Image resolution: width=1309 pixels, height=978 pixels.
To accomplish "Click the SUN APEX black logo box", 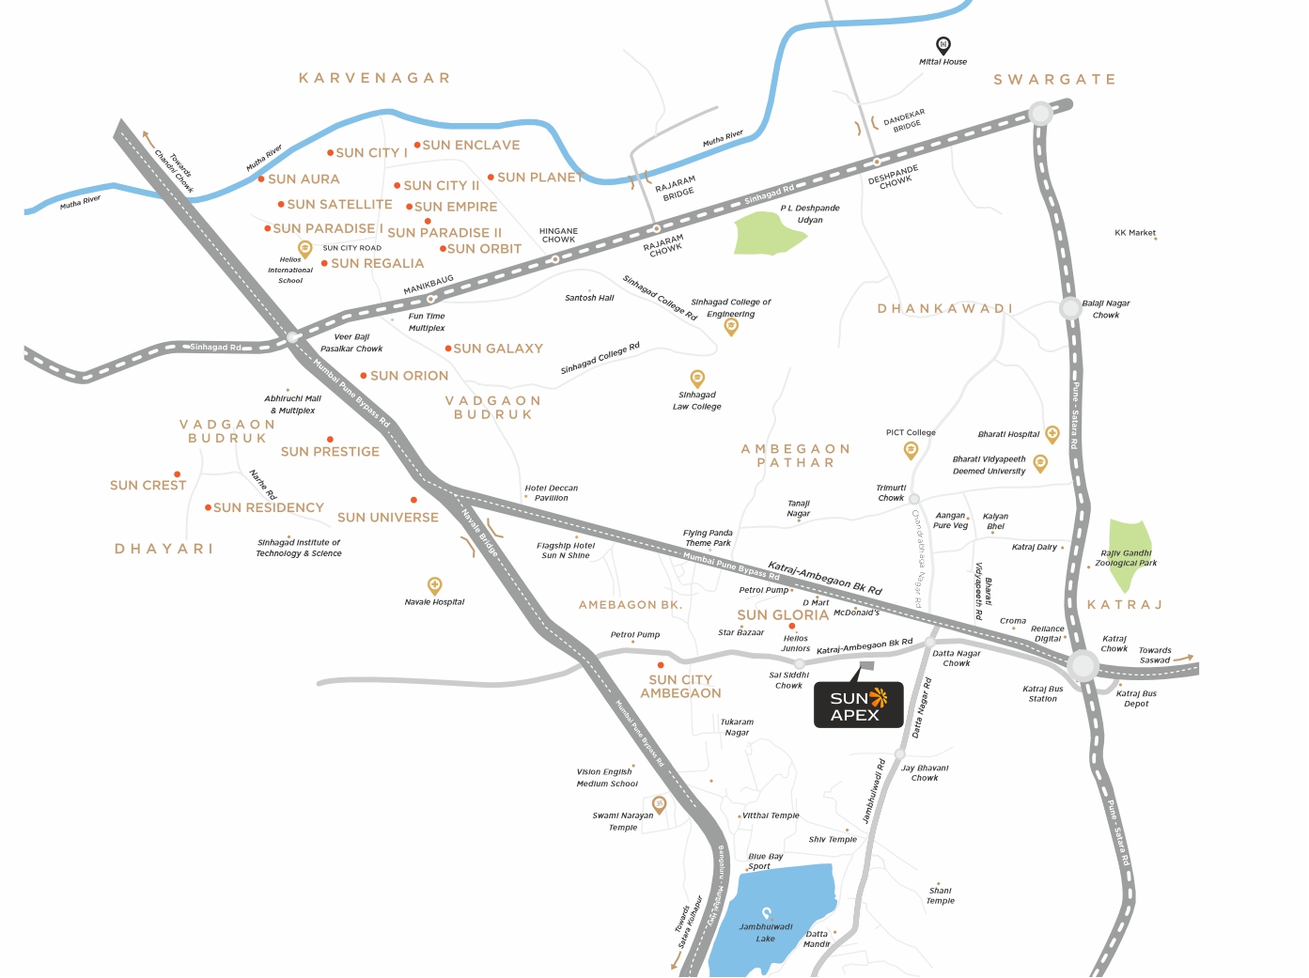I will [858, 706].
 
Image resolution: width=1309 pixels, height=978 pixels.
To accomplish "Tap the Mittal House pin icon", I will [943, 45].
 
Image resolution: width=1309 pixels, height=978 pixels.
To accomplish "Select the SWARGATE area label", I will [1054, 80].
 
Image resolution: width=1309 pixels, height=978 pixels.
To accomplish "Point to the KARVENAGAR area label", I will [374, 78].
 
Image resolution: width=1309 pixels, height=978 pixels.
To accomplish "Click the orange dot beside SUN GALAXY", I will [448, 349].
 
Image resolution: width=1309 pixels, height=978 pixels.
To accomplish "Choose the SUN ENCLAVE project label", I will [471, 146].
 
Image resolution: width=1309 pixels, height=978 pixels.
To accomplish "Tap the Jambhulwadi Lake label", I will [766, 932].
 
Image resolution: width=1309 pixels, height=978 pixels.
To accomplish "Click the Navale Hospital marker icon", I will [434, 585].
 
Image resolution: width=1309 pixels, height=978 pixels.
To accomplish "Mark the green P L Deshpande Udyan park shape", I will [769, 233].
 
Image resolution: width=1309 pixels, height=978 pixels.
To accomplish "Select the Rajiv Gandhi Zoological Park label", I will [1126, 558].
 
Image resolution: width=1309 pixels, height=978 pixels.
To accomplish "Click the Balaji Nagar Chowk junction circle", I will [1070, 307].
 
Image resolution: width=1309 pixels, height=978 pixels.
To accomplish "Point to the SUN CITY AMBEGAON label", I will [680, 687].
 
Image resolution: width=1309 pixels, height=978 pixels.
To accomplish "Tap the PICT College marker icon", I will [911, 450].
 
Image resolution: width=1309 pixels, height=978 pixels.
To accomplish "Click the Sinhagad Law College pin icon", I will [697, 378].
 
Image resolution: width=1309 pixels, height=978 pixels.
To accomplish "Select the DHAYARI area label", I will [164, 549].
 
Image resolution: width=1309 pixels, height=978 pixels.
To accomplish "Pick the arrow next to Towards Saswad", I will [1183, 658].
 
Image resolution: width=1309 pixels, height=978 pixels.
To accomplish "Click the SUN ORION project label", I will [409, 376].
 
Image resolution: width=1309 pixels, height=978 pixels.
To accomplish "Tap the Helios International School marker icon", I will [304, 249].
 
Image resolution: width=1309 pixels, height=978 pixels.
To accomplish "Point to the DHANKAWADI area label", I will [944, 309].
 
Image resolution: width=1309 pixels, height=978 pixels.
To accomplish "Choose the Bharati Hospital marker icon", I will [1052, 433].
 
